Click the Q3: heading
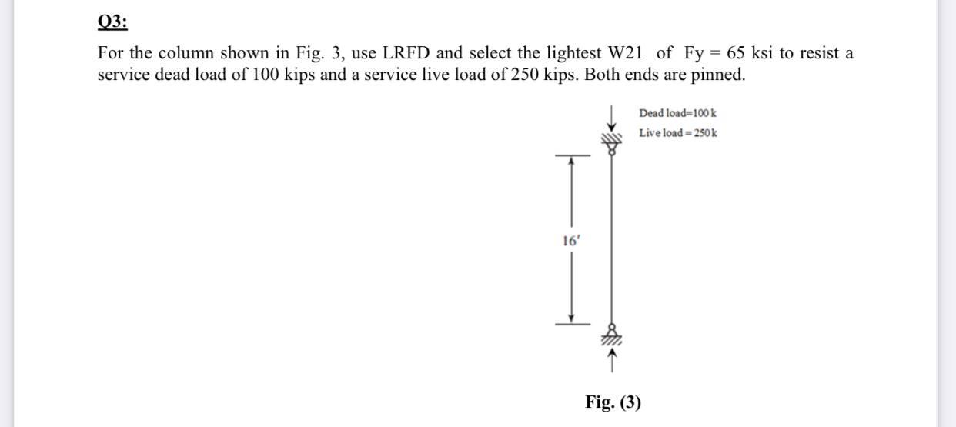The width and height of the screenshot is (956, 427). [112, 22]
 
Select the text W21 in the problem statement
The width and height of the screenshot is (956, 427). [626, 54]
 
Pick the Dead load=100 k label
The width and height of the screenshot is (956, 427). [678, 113]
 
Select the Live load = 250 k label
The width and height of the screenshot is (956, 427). [678, 133]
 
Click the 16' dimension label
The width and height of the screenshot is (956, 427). [570, 240]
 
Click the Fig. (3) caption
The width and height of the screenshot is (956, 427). [613, 402]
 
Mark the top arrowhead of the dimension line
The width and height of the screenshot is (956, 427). [571, 161]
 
